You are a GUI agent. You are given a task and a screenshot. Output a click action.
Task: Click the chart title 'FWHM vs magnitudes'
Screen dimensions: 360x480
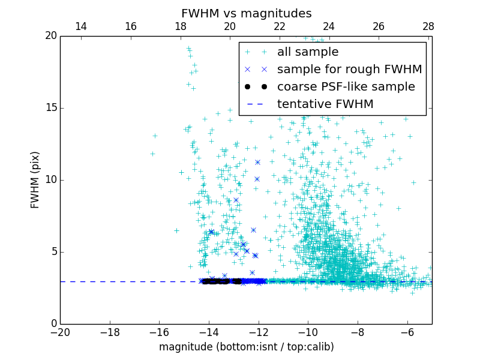tap(246, 13)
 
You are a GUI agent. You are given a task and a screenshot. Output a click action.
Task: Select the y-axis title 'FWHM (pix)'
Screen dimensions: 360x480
tap(35, 179)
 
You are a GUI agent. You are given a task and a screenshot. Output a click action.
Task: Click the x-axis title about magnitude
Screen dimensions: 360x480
tap(246, 347)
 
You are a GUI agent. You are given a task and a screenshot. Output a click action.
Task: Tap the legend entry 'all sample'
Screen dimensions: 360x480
tap(307, 52)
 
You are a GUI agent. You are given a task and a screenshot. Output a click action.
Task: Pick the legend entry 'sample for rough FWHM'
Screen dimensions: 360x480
tap(349, 70)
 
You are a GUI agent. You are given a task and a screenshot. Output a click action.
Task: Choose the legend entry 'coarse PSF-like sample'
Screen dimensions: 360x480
tap(346, 87)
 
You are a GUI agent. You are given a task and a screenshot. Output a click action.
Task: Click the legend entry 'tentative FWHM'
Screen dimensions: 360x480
tap(325, 104)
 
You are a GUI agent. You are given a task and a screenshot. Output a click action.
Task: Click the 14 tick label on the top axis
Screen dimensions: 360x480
tap(80, 26)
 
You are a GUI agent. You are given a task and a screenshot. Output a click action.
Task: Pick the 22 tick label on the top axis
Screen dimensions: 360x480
tap(279, 26)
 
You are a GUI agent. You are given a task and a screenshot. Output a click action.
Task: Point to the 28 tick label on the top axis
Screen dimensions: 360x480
tap(428, 26)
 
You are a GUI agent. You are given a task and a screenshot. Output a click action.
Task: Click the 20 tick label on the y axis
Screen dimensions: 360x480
tap(49, 36)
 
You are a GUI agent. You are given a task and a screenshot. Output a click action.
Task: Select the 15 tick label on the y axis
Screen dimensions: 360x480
tap(49, 108)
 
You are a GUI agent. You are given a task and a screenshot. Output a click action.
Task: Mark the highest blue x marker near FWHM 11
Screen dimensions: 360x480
tap(257, 162)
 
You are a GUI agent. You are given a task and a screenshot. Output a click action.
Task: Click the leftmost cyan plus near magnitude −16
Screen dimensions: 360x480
tap(152, 154)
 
